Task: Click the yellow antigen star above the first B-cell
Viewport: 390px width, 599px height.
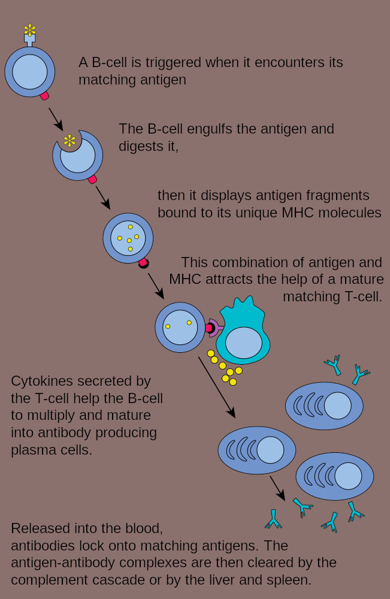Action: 30,30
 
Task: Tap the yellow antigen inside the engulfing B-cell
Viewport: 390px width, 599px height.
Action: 69,141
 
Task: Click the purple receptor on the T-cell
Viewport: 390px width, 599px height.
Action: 214,328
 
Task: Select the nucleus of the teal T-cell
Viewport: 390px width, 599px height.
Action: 244,343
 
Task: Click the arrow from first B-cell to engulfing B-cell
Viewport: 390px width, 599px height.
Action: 56,119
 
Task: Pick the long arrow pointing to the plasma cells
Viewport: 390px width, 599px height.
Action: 217,387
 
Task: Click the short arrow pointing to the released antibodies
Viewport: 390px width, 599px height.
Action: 278,488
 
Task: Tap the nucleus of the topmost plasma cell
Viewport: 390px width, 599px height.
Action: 338,406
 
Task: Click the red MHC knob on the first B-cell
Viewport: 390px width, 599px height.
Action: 44,95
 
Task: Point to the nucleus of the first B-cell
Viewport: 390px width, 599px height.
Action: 30,72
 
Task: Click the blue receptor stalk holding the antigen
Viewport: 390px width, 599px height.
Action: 30,40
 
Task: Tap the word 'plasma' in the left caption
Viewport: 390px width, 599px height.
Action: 29,450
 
